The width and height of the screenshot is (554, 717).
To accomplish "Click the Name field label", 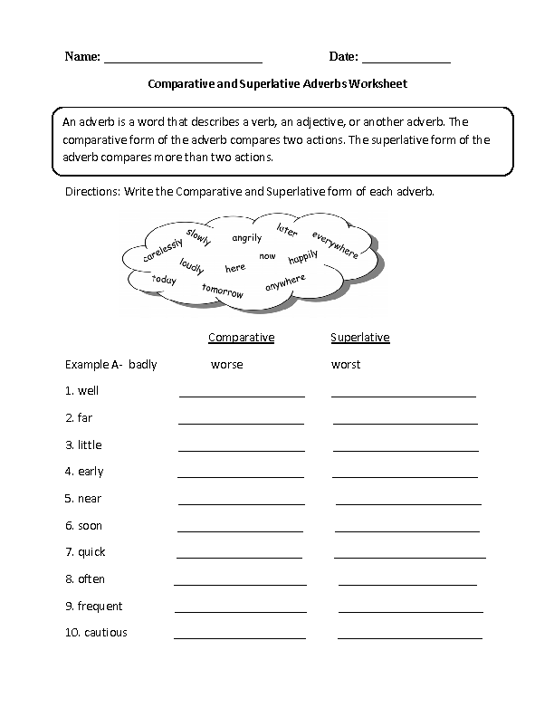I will pos(82,57).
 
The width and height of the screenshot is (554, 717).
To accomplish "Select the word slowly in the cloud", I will pos(198,238).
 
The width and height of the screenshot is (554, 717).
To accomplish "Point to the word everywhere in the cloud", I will pos(335,245).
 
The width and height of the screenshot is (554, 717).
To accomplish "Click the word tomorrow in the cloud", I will pos(224,291).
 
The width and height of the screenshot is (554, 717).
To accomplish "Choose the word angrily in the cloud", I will pos(246,238).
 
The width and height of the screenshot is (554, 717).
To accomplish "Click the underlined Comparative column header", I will pos(241,338).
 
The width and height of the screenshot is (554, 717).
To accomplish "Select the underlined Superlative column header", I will pos(360,338).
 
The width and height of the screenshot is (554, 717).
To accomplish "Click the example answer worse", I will pos(226,365).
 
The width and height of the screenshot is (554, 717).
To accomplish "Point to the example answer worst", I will pos(346,365).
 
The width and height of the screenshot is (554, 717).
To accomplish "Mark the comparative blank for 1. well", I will pos(242,394).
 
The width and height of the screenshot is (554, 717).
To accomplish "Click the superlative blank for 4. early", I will pos(405,474).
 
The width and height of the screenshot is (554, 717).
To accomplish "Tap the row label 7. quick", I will pos(85,552).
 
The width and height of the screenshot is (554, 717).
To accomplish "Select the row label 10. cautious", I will pos(96,633).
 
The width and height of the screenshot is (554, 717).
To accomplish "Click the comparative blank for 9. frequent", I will pos(240,610).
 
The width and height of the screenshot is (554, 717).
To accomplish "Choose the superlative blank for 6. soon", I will pos(406,529).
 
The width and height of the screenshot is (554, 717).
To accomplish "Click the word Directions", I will pos(91,193).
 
